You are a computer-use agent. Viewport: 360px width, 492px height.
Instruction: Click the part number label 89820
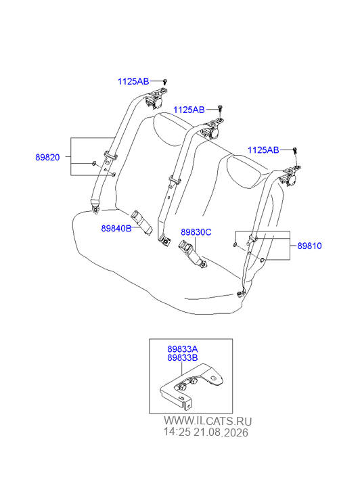47,157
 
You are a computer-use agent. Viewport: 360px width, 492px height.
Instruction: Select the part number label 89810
309,246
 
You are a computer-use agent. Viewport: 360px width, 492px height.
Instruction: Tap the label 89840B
116,229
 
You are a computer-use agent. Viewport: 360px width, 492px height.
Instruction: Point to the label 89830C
196,232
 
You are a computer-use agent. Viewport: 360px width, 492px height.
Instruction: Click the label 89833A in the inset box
183,349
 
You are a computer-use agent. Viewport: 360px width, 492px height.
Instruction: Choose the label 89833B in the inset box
183,358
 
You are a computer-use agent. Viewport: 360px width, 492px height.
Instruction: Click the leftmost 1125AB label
133,82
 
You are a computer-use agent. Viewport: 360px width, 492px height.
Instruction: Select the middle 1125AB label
189,110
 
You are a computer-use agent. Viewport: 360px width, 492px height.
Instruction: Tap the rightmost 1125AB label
263,150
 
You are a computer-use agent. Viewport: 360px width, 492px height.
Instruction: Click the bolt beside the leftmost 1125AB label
165,82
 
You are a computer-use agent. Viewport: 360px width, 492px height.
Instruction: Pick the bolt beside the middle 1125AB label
221,109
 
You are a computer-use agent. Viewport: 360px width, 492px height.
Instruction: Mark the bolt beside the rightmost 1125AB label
295,151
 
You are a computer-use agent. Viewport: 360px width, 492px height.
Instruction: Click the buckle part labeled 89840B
141,221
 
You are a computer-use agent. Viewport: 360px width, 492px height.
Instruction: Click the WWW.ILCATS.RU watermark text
208,421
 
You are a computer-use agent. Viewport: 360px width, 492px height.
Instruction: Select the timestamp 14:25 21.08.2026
206,432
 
